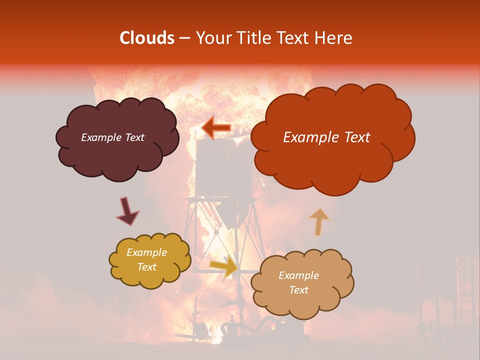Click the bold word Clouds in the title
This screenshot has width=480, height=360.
coord(147,38)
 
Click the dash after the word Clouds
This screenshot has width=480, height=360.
coord(184,38)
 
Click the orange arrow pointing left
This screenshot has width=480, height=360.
coord(216,127)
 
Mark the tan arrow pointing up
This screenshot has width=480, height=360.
coord(319,221)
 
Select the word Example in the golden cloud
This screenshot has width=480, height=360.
coord(146,252)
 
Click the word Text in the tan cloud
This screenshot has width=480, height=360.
coord(298,290)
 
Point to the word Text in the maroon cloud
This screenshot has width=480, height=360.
coord(134,137)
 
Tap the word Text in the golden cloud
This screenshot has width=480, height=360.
coord(146,267)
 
